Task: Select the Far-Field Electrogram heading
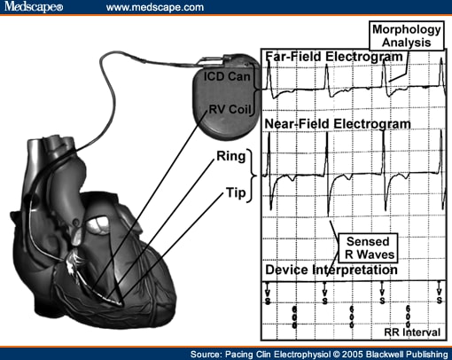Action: point(334,58)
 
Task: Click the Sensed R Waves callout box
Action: point(369,246)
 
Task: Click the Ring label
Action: point(230,157)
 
